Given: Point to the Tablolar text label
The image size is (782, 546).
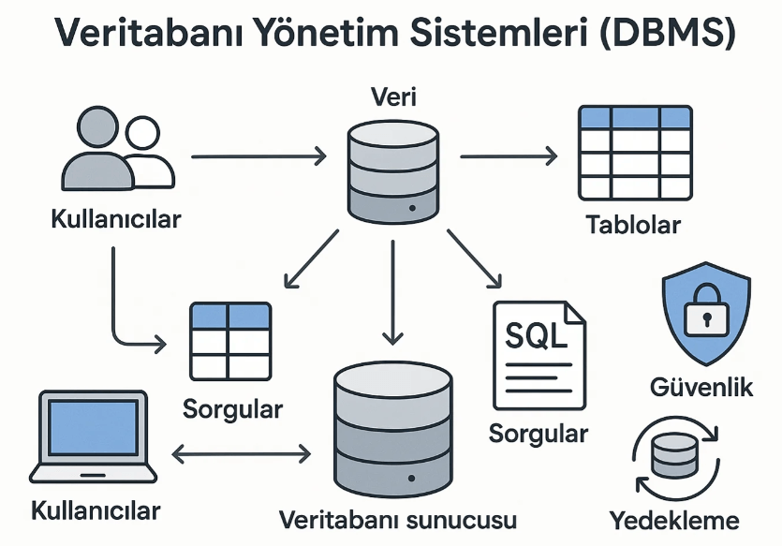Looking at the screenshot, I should coord(633,226).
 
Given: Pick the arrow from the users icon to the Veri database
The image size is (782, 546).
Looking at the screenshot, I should coord(258,156).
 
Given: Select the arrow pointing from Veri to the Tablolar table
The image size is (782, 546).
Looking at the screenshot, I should coord(509,156).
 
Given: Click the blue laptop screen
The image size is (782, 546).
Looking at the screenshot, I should coord(92,427).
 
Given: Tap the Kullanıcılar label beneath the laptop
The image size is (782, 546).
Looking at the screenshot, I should coord(96,511).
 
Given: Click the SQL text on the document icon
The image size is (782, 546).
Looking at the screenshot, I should coord(535,335).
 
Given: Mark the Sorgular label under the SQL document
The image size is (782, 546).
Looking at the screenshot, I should coord(539,434).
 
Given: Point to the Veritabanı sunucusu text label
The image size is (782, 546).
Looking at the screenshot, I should coord(397,519).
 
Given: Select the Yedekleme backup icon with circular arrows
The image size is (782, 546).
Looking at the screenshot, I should coord(674,457).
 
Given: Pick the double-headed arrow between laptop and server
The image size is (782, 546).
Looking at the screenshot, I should coord(242,455).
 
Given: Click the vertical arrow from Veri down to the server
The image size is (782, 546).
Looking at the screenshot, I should coord(392,290).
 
